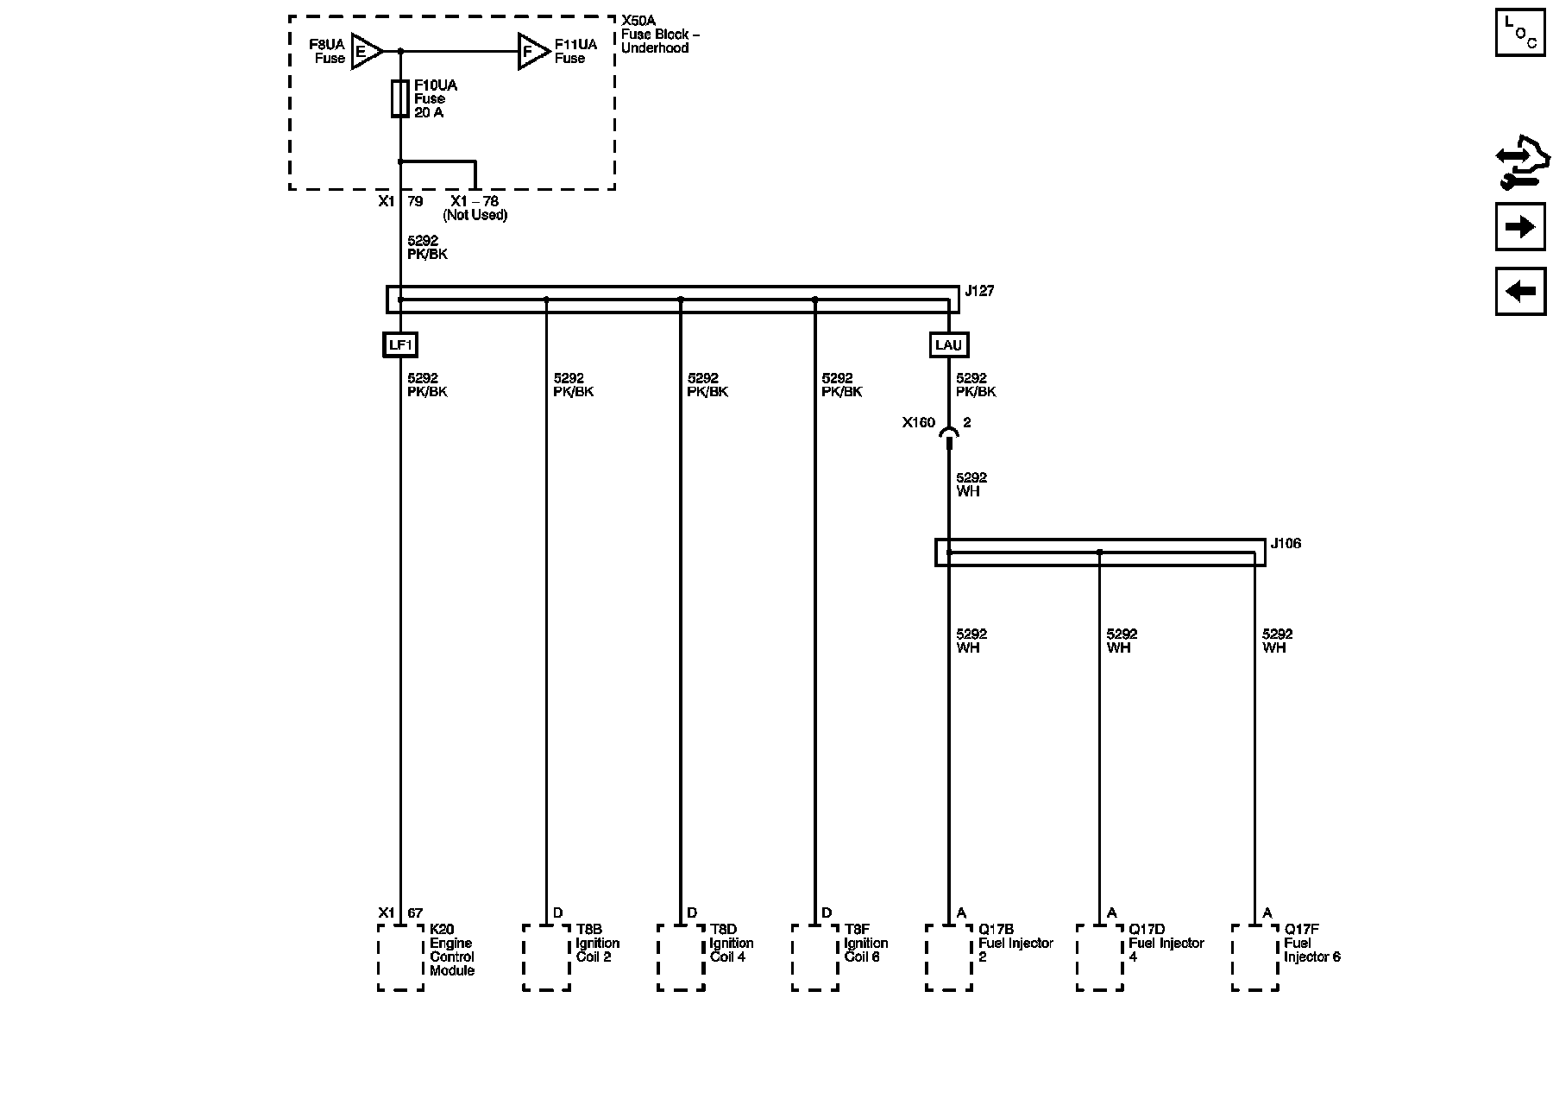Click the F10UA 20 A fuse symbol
click(x=400, y=98)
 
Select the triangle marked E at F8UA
click(x=365, y=52)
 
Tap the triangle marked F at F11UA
click(x=531, y=52)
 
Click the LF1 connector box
click(x=400, y=345)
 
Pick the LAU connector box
click(x=948, y=345)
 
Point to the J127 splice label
click(x=979, y=292)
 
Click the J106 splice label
click(x=1286, y=544)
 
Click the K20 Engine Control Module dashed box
click(x=400, y=957)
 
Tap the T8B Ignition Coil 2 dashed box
click(x=546, y=957)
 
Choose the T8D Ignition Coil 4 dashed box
click(x=681, y=957)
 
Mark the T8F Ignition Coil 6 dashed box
click(x=815, y=957)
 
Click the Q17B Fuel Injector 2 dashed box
click(x=949, y=957)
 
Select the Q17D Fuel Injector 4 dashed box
click(x=1100, y=957)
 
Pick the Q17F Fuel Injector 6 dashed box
click(x=1255, y=957)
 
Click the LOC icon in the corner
click(x=1520, y=33)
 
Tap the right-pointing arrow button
click(x=1520, y=227)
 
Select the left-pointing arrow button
click(x=1520, y=291)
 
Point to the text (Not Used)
click(x=475, y=215)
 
